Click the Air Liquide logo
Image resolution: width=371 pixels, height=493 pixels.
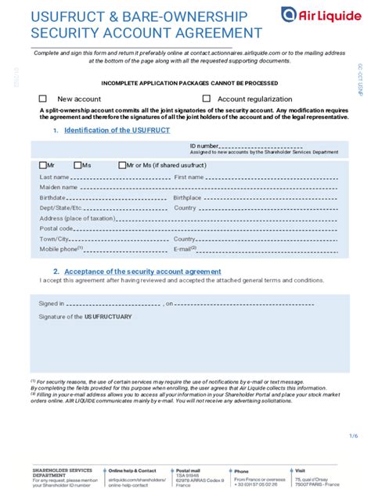pos(320,14)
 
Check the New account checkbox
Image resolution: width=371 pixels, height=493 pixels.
pos(43,99)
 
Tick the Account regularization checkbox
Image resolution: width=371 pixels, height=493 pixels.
pos(207,99)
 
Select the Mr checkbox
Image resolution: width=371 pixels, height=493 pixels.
pos(42,165)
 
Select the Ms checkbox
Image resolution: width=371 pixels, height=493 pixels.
pos(77,165)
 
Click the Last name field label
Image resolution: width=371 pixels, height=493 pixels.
pos(54,178)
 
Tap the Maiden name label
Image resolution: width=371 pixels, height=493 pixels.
pos(58,188)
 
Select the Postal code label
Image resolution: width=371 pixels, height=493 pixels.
pos(57,229)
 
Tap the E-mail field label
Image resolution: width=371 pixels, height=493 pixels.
pos(185,249)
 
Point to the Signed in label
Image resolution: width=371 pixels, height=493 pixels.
pos(52,302)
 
